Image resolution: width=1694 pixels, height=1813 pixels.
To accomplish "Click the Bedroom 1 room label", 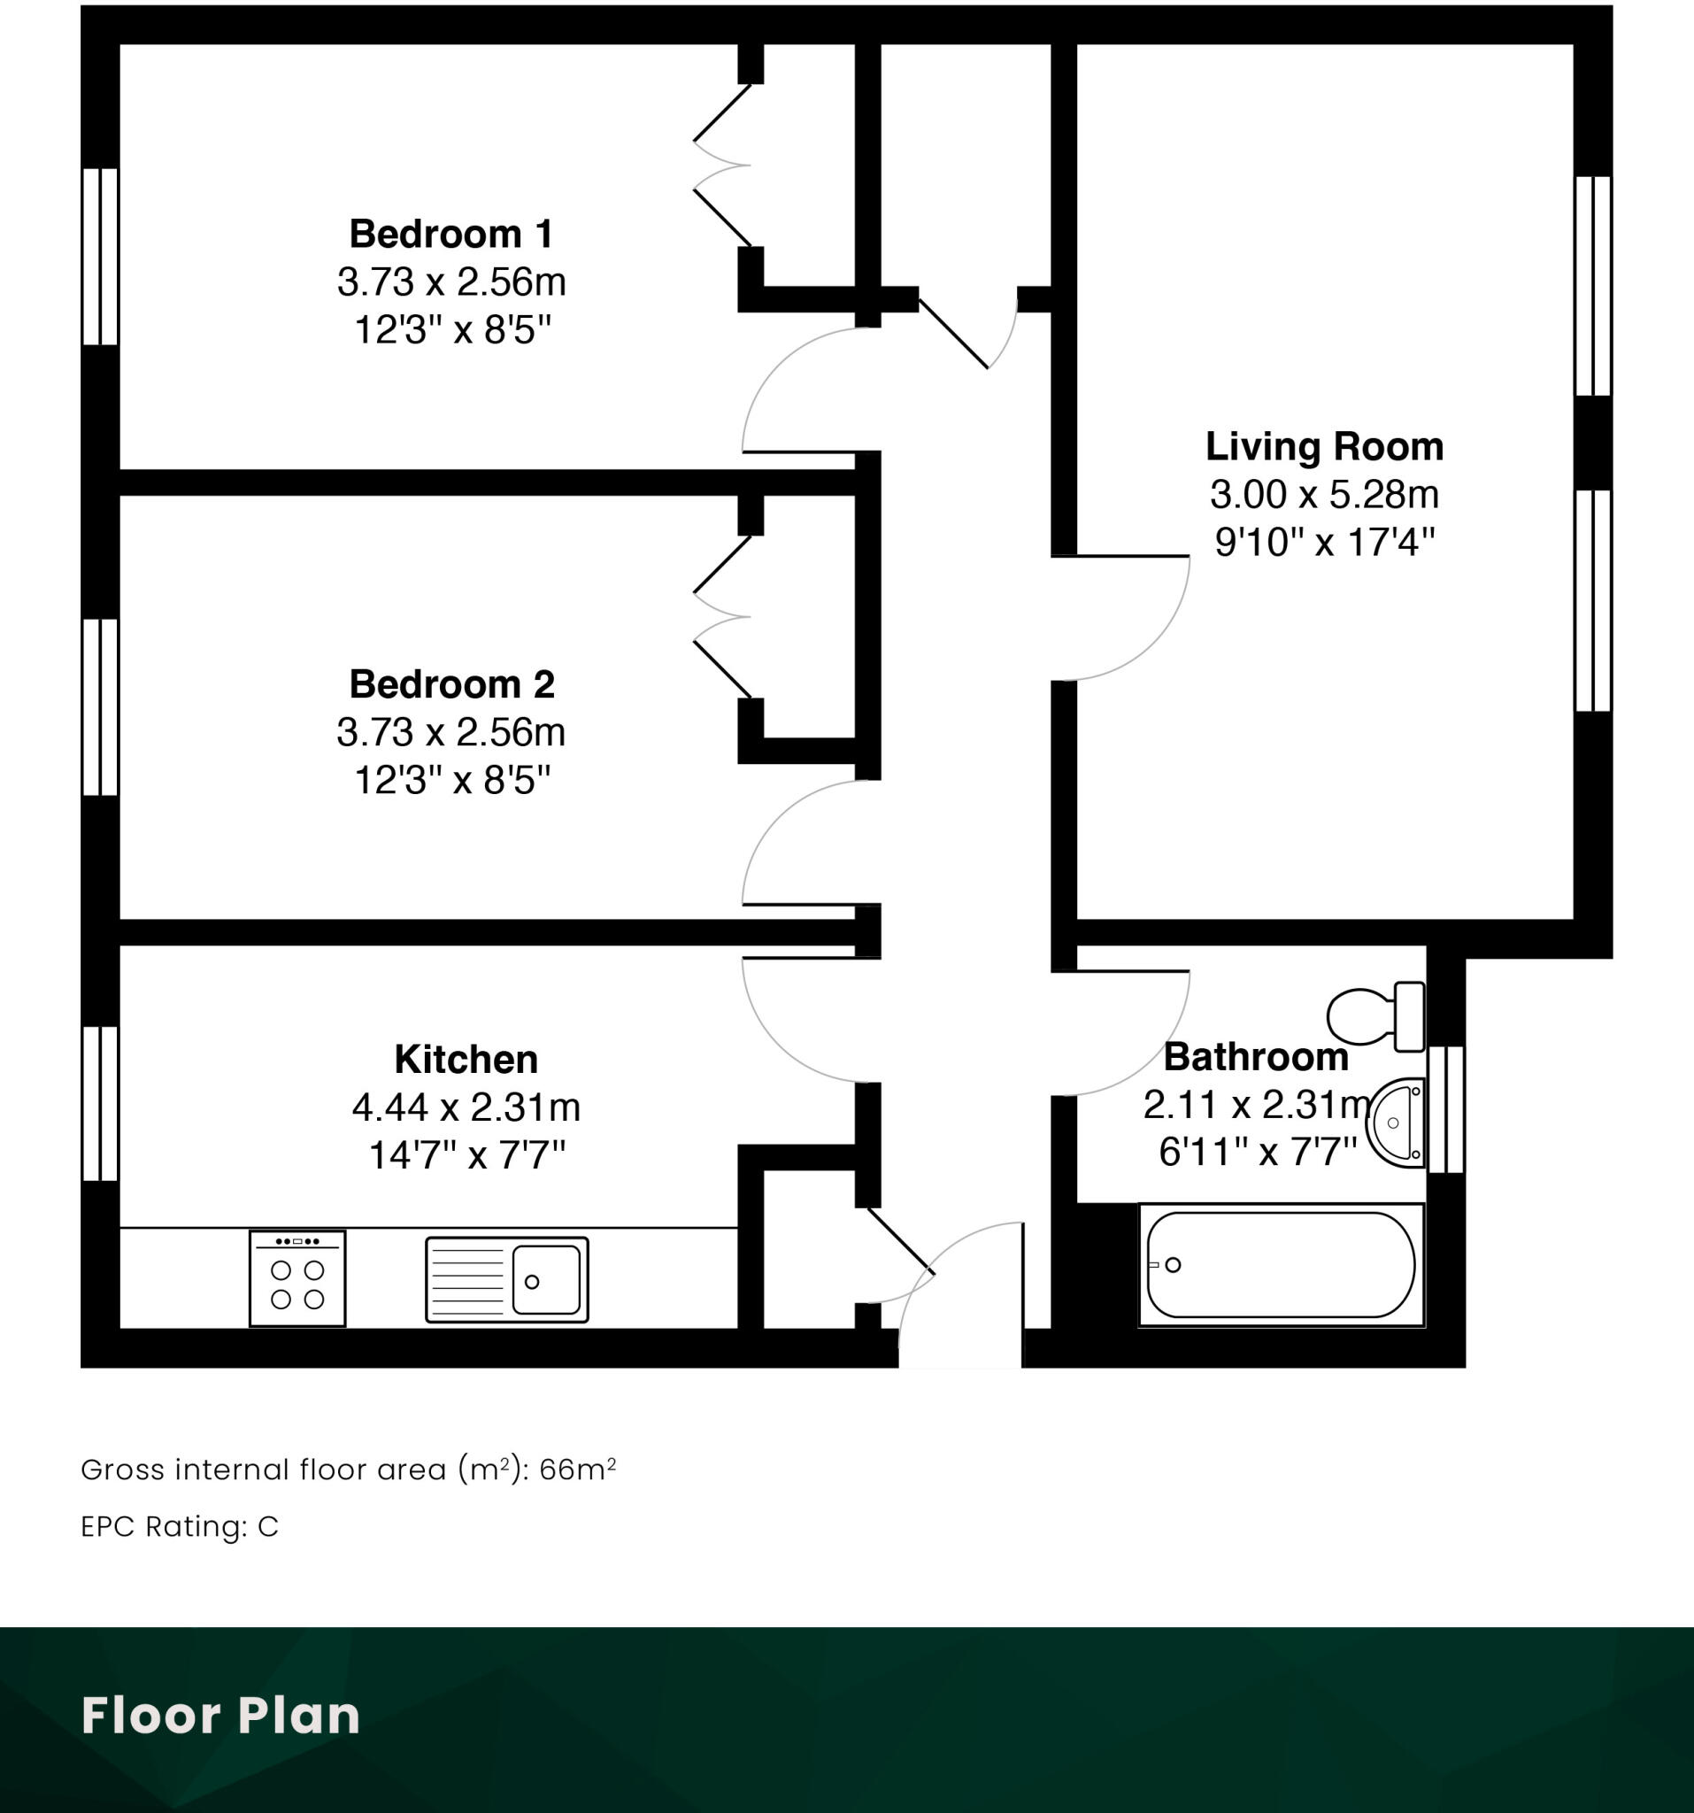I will click(x=451, y=235).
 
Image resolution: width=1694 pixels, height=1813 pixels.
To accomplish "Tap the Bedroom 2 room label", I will click(x=451, y=684).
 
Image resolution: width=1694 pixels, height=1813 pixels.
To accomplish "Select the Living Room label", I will click(x=1324, y=447).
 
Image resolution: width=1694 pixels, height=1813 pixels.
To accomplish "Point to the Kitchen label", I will click(x=466, y=1059).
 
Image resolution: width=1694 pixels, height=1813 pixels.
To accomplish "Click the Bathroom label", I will click(x=1256, y=1057).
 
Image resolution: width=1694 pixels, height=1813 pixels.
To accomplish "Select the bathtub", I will click(x=1280, y=1265).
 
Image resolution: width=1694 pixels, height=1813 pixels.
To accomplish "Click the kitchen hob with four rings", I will click(x=297, y=1278).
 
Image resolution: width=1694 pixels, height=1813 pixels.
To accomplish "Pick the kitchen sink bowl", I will click(x=545, y=1280).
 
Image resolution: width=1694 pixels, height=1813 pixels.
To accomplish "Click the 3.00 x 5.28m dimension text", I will click(x=1324, y=494).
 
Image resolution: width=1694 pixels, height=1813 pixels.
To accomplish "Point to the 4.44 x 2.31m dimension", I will click(x=466, y=1107).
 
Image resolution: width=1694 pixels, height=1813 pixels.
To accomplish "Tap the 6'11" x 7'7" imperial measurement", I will click(x=1258, y=1153).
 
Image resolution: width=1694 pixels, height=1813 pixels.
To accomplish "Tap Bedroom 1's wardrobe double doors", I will click(x=722, y=165).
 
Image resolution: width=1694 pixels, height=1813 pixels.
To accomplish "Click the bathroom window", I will click(x=1446, y=1109).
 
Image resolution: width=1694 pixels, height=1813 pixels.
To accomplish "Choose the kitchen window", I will click(x=100, y=1104).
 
